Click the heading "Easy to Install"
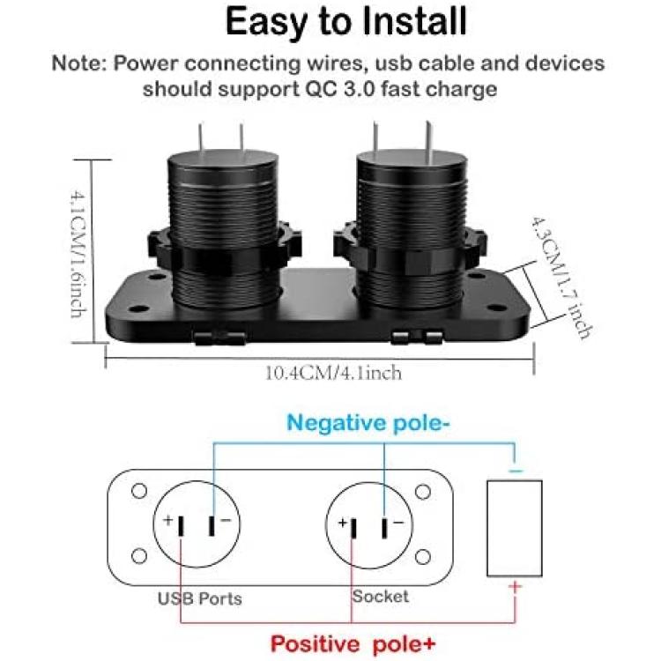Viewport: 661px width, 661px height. click(x=346, y=21)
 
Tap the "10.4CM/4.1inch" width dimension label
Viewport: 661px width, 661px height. click(x=333, y=374)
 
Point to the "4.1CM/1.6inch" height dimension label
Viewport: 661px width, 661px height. click(x=78, y=254)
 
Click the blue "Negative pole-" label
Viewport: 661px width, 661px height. click(x=368, y=423)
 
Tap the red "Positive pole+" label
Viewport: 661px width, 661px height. click(x=353, y=643)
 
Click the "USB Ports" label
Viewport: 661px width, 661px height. click(x=200, y=598)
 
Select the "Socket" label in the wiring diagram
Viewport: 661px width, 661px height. click(x=380, y=597)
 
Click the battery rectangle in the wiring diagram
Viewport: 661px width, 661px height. click(x=515, y=528)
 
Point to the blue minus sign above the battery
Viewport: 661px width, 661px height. click(x=516, y=471)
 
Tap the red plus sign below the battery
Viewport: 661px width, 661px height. click(x=516, y=587)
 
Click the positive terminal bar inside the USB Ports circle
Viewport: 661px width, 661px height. click(x=181, y=526)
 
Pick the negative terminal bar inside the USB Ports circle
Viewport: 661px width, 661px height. click(x=212, y=526)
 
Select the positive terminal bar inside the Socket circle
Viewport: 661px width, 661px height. click(x=353, y=529)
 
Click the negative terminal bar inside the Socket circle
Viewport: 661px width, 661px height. click(x=384, y=528)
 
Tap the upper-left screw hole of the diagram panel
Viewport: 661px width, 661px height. click(x=139, y=491)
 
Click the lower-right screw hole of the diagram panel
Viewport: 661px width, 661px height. click(x=423, y=557)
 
